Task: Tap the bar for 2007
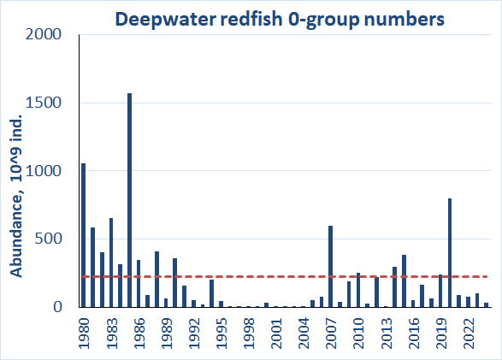[330, 266]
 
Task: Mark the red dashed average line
[257, 276]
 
